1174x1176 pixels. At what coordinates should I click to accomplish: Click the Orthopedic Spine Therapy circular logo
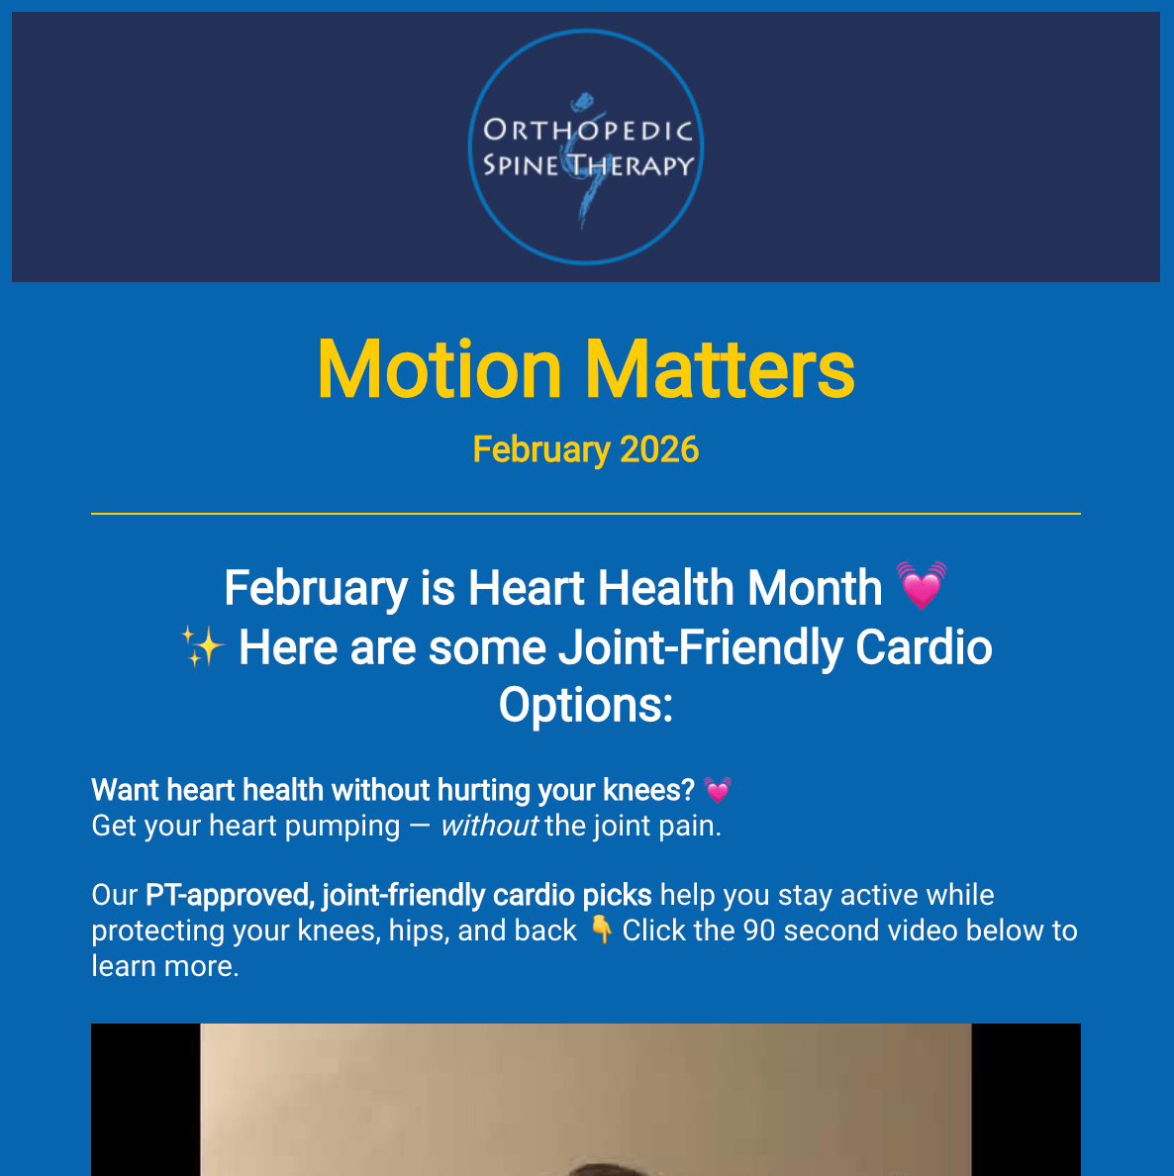click(x=586, y=147)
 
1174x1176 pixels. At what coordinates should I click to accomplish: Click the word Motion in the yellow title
click(x=440, y=369)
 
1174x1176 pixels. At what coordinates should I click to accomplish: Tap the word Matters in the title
click(x=720, y=369)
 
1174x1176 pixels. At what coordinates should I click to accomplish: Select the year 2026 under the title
click(x=659, y=449)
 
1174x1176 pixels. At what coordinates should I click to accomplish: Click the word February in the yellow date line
click(x=540, y=449)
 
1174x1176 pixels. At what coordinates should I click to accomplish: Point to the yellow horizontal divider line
click(x=586, y=514)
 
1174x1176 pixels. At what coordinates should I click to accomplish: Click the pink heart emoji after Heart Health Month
click(x=921, y=586)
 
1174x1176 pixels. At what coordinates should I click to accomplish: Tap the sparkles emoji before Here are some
click(x=203, y=647)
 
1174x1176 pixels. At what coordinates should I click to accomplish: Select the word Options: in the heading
click(x=586, y=705)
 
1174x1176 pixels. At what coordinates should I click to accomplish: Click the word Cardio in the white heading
click(x=924, y=647)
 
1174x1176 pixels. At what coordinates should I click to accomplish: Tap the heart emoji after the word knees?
click(x=718, y=790)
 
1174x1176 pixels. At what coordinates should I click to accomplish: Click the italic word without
click(x=489, y=826)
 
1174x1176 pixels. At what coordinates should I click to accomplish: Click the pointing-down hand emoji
click(x=601, y=930)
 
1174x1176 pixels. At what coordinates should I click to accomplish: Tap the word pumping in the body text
click(x=342, y=826)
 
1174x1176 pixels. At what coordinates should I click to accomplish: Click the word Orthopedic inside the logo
click(x=587, y=131)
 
